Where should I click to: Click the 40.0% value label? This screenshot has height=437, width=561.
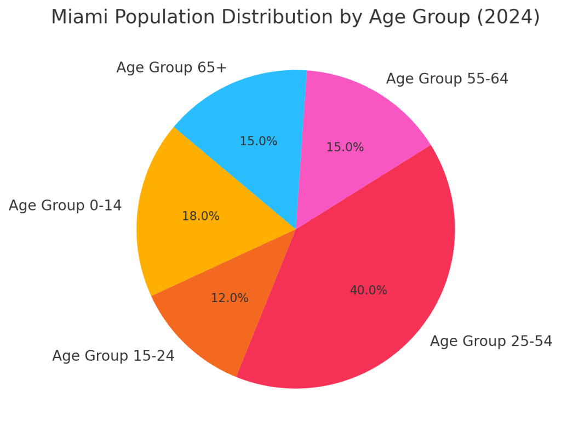click(368, 291)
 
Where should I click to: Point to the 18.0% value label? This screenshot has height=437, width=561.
click(201, 217)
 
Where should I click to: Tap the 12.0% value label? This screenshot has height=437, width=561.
click(230, 298)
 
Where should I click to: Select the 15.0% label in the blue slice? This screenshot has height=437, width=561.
click(258, 141)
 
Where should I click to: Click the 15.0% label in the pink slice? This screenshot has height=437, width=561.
click(345, 147)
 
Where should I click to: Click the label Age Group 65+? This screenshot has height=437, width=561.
click(171, 68)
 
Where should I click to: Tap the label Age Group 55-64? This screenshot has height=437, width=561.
click(447, 79)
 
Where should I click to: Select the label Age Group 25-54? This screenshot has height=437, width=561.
click(491, 341)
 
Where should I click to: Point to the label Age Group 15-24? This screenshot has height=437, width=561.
click(113, 356)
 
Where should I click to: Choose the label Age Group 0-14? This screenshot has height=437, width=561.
click(65, 206)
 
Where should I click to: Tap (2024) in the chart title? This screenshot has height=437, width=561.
click(508, 18)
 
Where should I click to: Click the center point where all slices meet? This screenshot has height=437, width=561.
click(296, 229)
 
